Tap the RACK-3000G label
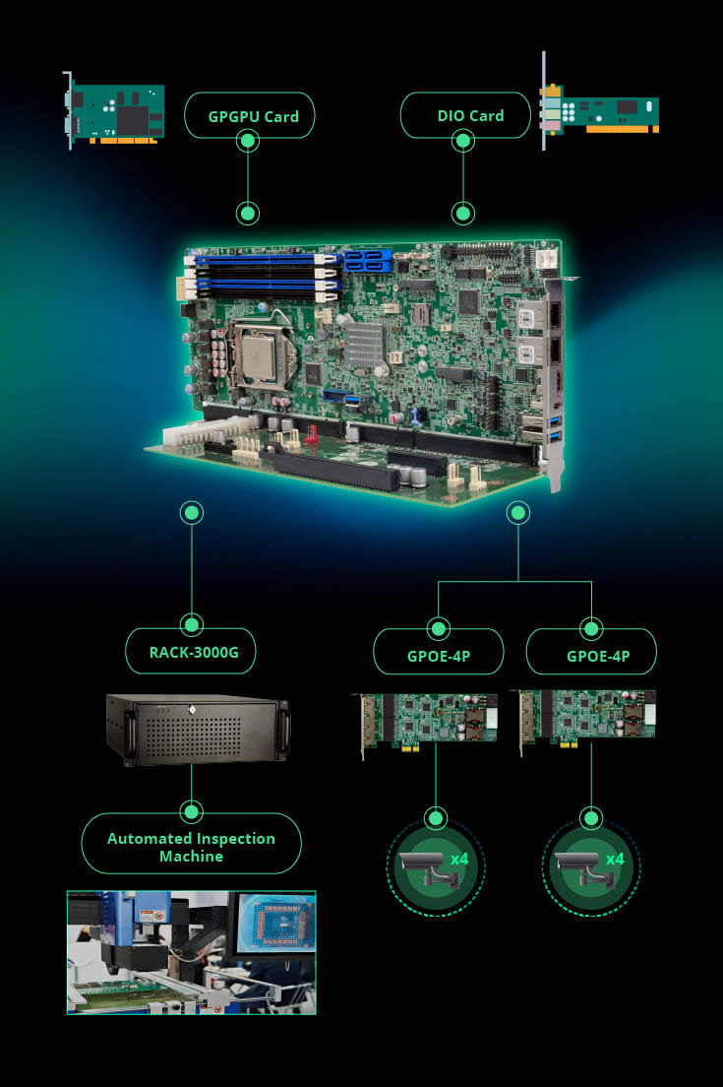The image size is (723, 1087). pyautogui.click(x=193, y=652)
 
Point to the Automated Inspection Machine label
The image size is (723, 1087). pyautogui.click(x=191, y=847)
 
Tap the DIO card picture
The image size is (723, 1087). pyautogui.click(x=600, y=111)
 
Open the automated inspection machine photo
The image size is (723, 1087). pyautogui.click(x=191, y=952)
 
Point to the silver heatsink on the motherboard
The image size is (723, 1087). pyautogui.click(x=363, y=345)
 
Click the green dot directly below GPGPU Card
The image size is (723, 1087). pyautogui.click(x=248, y=213)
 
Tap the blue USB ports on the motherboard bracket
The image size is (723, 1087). pyautogui.click(x=531, y=429)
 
